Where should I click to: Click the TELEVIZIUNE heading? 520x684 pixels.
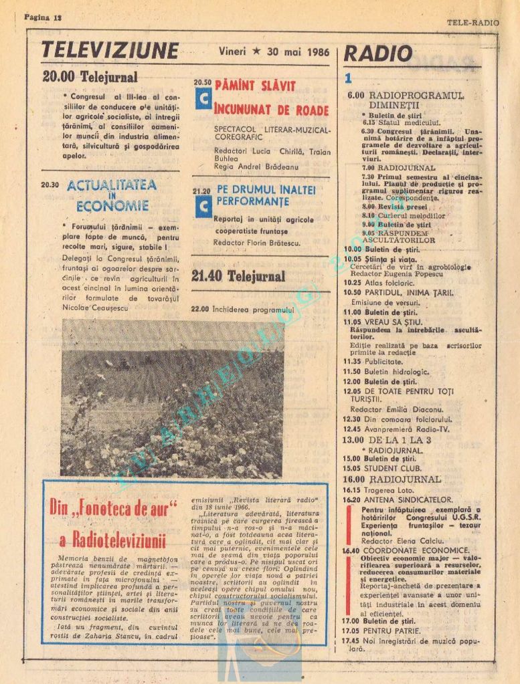110,51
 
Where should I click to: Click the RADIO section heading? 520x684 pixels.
377,54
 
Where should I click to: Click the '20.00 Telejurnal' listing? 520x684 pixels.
90,77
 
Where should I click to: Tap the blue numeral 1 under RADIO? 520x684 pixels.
349,78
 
